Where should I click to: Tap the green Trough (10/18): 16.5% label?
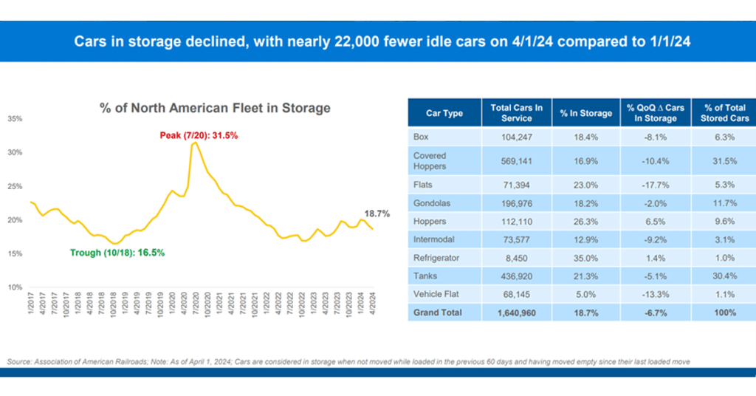pyautogui.click(x=117, y=253)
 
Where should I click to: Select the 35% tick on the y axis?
pyautogui.click(x=16, y=119)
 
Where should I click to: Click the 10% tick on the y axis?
pyautogui.click(x=16, y=287)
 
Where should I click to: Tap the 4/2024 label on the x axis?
pyautogui.click(x=373, y=304)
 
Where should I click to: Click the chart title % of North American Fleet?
pyautogui.click(x=215, y=109)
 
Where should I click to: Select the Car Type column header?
pyautogui.click(x=444, y=113)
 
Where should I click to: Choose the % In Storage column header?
pyautogui.click(x=586, y=113)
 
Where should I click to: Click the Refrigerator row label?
pyautogui.click(x=436, y=258)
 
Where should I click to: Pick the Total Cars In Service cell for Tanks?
pyautogui.click(x=516, y=276)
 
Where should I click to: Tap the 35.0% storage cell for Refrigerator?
pyautogui.click(x=586, y=258)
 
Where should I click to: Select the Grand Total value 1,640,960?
pyautogui.click(x=516, y=313)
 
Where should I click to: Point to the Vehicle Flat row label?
pyautogui.click(x=437, y=294)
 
